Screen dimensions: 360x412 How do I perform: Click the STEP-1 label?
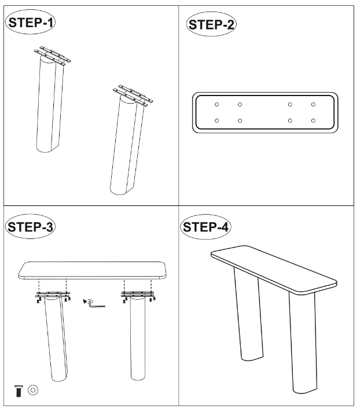click(30, 23)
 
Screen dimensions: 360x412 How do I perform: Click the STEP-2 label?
click(211, 24)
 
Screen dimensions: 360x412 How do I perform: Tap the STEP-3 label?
click(30, 226)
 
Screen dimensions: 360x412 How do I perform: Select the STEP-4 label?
click(205, 227)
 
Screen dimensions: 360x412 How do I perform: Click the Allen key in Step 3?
click(94, 304)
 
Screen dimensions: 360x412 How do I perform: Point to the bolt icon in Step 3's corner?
click(19, 391)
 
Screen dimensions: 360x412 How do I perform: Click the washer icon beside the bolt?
click(33, 390)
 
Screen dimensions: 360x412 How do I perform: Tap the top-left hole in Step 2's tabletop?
click(217, 105)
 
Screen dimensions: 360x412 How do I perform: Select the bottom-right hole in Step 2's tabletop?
click(313, 120)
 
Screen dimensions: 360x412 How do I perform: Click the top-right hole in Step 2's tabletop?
click(313, 105)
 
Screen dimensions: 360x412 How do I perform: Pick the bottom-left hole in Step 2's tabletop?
click(217, 120)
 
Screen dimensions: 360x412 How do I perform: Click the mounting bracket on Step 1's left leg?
click(52, 56)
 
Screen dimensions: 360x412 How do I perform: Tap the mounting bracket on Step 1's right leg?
click(133, 95)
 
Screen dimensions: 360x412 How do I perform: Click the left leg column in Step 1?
click(50, 105)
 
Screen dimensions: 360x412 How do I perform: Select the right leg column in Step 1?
click(127, 145)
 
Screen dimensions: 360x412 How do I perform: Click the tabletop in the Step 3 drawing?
click(92, 270)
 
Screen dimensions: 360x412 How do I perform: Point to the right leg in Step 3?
click(138, 337)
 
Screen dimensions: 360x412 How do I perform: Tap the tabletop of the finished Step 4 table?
click(274, 270)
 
